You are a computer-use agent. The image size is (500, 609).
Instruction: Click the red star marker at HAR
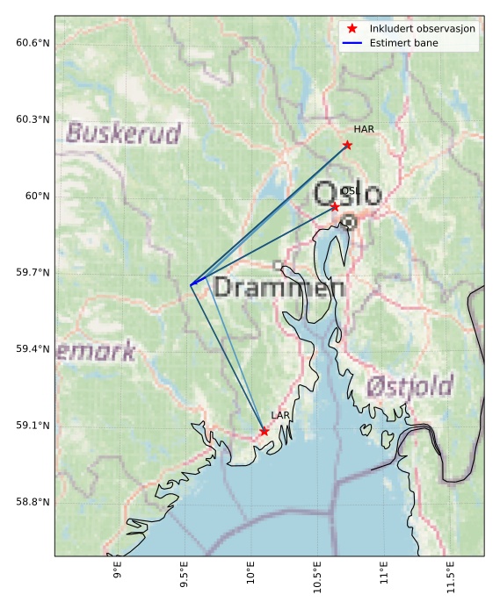(x=347, y=145)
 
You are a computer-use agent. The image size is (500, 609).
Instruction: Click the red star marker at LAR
(x=264, y=431)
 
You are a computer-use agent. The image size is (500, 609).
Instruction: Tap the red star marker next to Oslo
(x=335, y=206)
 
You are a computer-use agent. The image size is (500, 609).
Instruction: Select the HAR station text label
(x=364, y=130)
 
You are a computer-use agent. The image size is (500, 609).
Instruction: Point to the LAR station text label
(x=280, y=415)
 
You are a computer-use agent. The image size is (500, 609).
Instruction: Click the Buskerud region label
(x=123, y=133)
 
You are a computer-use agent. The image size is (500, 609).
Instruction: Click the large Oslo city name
(x=347, y=194)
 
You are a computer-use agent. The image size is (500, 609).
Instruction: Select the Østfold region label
(x=409, y=386)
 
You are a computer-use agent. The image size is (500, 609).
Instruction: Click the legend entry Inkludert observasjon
(x=422, y=29)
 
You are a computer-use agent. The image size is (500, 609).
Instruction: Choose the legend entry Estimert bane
(x=403, y=42)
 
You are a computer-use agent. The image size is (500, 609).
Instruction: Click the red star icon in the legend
(x=351, y=29)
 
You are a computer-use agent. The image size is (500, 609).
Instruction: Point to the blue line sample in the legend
(x=351, y=42)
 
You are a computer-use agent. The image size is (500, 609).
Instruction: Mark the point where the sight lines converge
(x=191, y=284)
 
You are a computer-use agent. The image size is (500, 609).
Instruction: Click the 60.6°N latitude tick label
(x=33, y=43)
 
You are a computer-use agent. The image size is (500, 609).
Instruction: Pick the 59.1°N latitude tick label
(x=33, y=426)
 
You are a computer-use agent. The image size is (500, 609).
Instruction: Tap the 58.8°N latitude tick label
(x=33, y=502)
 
